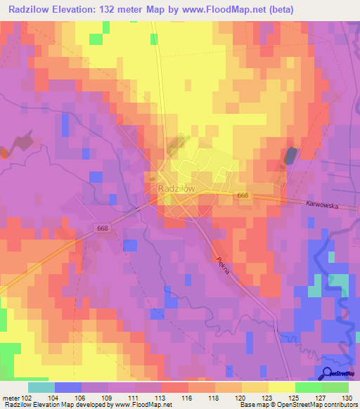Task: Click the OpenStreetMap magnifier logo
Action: (328, 373)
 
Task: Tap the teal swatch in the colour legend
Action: (41, 387)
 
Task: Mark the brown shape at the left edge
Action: (6, 152)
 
